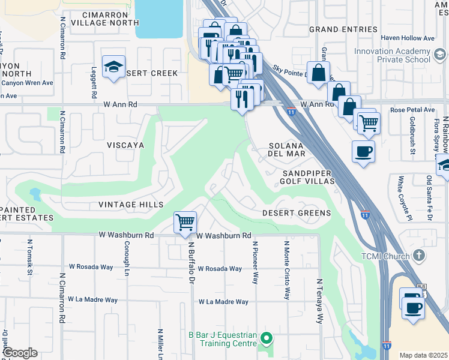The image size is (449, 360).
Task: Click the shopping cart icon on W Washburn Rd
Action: (x=185, y=222)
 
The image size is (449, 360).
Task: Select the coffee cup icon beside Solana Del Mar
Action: (x=363, y=151)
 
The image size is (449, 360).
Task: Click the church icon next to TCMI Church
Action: (x=419, y=256)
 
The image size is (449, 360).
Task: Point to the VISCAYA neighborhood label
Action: (x=126, y=145)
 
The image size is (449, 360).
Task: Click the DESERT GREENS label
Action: (x=296, y=213)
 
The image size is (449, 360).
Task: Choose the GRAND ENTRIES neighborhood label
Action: (x=343, y=29)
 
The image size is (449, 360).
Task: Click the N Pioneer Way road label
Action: (x=255, y=263)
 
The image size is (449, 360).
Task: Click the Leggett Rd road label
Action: (x=94, y=83)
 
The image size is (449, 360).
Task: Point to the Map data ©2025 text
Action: (x=423, y=355)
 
